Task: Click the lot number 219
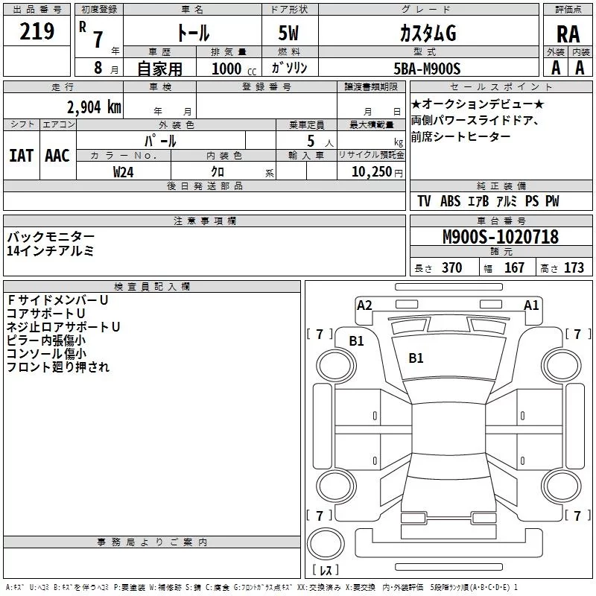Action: [38, 32]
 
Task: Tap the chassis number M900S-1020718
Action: [500, 238]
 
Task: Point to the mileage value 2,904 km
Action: [94, 107]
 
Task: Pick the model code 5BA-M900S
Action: [427, 69]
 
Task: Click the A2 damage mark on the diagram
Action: [364, 305]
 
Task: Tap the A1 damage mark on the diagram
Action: [531, 305]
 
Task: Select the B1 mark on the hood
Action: [416, 358]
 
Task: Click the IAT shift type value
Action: [22, 156]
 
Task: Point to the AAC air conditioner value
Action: [57, 156]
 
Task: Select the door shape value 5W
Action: [291, 34]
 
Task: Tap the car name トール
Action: [192, 34]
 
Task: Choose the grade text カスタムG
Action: [427, 34]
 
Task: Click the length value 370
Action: [451, 268]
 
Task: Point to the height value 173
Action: [574, 268]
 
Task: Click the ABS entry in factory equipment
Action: [450, 201]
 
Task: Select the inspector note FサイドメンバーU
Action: [58, 299]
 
